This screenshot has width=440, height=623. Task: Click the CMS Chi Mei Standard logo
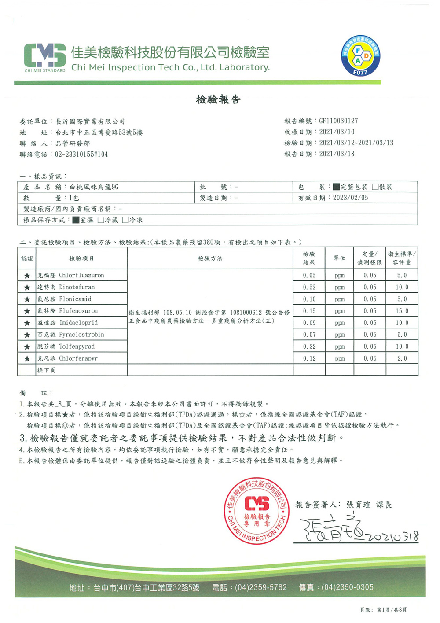[x=45, y=58]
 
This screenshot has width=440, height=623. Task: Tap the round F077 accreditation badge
[x=360, y=56]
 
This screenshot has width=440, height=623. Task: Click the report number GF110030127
[x=338, y=121]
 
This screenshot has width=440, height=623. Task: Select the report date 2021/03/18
[x=337, y=154]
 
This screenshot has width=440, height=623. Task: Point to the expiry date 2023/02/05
[x=350, y=198]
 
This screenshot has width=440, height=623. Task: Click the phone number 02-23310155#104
[x=81, y=155]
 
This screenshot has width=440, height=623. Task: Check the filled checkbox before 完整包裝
[x=337, y=187]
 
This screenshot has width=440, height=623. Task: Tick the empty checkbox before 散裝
[x=375, y=187]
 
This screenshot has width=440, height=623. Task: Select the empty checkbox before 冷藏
[x=101, y=220]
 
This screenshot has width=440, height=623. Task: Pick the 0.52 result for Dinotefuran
[x=309, y=288]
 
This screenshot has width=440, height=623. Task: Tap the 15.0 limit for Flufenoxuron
[x=402, y=311]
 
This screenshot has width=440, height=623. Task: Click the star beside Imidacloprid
[x=27, y=323]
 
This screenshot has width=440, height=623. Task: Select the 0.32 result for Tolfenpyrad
[x=309, y=347]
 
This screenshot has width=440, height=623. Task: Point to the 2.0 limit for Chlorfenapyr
[x=402, y=359]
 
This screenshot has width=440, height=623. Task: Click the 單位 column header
[x=339, y=258]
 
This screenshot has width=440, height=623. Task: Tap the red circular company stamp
[x=257, y=511]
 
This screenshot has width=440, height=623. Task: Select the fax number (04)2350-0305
[x=347, y=587]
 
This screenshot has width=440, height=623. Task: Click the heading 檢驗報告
[x=218, y=100]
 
